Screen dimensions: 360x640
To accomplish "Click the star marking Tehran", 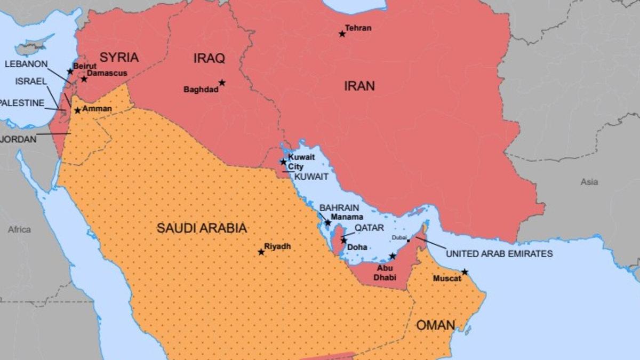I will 342,34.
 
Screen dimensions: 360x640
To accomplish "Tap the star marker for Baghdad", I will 222,83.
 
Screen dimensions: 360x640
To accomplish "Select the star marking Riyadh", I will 261,252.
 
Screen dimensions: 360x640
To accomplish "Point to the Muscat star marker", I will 465,272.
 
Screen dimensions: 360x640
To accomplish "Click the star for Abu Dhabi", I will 393,256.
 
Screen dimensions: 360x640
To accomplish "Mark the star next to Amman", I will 77,110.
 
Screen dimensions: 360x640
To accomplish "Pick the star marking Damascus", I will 84,79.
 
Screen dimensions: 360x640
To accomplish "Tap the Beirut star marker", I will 70,71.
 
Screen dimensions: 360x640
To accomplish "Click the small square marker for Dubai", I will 409,241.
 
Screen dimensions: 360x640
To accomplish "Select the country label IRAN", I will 359,86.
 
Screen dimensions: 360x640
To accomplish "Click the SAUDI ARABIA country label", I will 202,228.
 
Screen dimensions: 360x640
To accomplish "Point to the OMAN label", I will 435,325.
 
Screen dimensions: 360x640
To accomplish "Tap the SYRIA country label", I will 119,58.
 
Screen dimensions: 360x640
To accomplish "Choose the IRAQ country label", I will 209,59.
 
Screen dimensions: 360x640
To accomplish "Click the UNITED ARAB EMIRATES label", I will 499,254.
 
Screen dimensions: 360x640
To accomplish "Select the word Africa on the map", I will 19,229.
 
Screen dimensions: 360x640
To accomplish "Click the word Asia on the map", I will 589,182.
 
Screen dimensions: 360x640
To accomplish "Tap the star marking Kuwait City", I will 283,162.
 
